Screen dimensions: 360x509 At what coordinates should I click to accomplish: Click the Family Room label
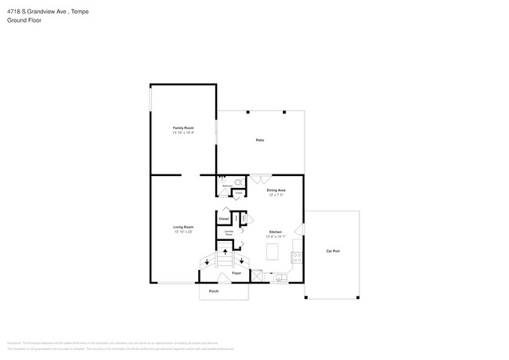click(x=183, y=128)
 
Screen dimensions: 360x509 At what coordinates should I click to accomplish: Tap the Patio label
click(x=259, y=140)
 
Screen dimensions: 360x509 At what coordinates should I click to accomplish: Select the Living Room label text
click(x=183, y=227)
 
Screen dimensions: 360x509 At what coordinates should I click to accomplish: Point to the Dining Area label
click(x=276, y=190)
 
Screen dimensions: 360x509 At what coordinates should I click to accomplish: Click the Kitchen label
click(x=276, y=232)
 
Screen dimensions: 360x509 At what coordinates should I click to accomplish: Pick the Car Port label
click(x=333, y=251)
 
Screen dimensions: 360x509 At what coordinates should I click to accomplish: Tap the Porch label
click(x=214, y=291)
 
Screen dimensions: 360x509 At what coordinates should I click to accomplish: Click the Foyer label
click(x=236, y=273)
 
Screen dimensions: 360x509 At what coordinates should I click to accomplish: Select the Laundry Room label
click(x=229, y=233)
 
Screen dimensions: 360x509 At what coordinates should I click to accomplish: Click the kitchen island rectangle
click(x=273, y=252)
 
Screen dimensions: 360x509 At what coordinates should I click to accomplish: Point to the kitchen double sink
click(x=280, y=276)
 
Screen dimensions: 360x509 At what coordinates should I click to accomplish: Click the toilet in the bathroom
click(x=238, y=182)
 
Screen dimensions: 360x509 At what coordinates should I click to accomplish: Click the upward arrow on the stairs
click(x=226, y=252)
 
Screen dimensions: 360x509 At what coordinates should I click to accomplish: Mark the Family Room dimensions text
click(x=183, y=133)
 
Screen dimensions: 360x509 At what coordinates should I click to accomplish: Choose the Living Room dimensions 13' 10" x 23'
click(x=183, y=232)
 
